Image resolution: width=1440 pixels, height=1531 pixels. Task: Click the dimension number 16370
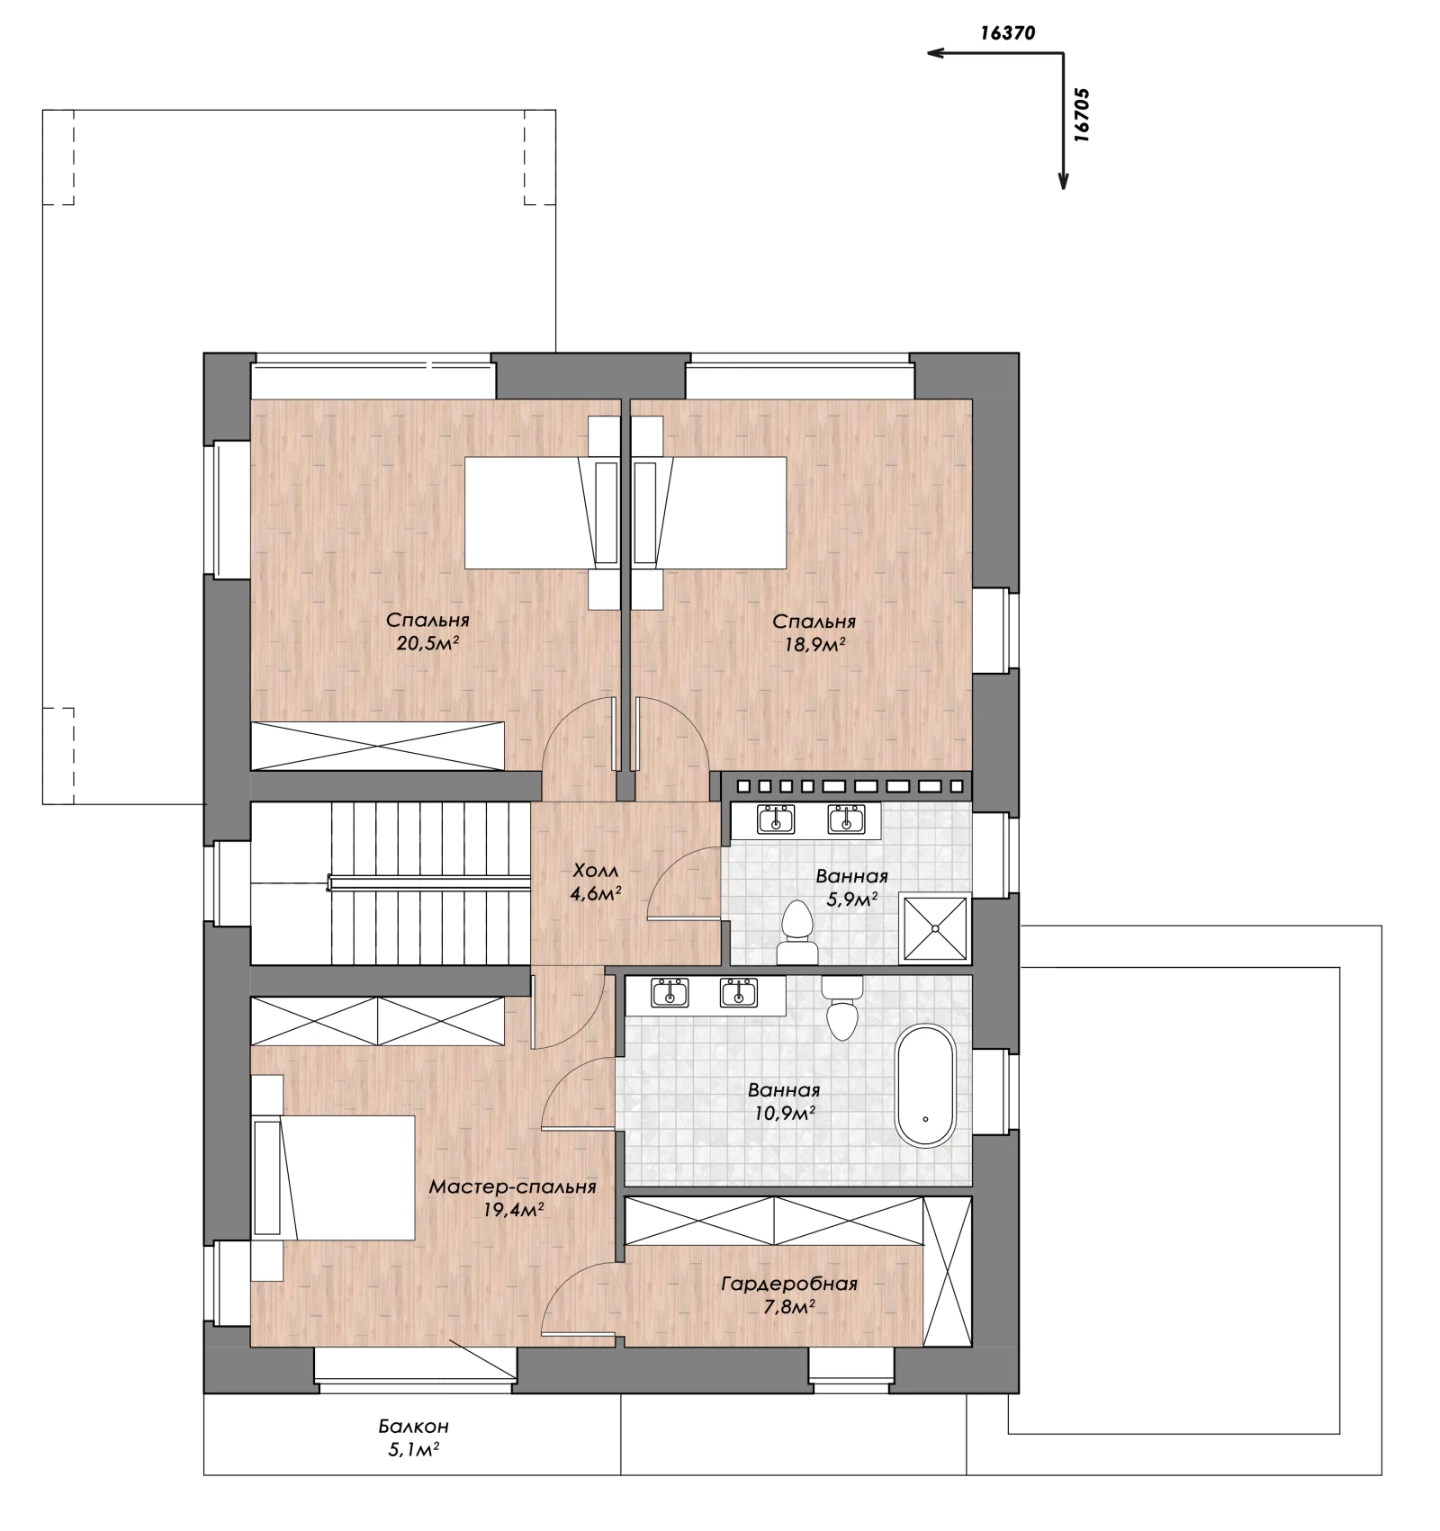pyautogui.click(x=1009, y=34)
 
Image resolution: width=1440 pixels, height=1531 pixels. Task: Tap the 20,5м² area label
pyautogui.click(x=428, y=643)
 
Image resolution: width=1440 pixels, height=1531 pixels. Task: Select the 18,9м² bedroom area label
pyautogui.click(x=814, y=644)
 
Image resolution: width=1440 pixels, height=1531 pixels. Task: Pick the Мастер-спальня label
pyautogui.click(x=512, y=1186)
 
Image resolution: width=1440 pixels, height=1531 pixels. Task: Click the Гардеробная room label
pyautogui.click(x=789, y=1284)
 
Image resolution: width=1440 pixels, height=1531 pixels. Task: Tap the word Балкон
pyautogui.click(x=413, y=1427)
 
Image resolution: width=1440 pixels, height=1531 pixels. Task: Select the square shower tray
pyautogui.click(x=936, y=928)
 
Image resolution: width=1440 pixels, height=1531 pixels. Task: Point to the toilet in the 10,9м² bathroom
pyautogui.click(x=842, y=1007)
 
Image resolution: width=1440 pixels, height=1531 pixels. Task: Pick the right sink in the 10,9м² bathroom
pyautogui.click(x=739, y=993)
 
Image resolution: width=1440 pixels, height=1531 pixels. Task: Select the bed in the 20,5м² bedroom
pyautogui.click(x=541, y=513)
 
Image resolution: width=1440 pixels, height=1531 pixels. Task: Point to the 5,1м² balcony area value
pyautogui.click(x=415, y=1449)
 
